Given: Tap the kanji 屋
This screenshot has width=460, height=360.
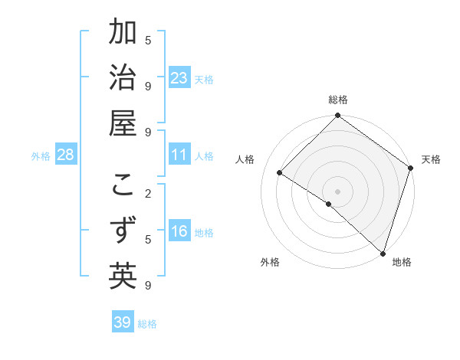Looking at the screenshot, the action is click(x=123, y=125).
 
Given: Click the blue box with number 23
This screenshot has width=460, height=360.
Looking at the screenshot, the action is click(x=179, y=78).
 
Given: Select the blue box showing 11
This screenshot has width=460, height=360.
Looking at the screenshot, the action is click(x=179, y=155).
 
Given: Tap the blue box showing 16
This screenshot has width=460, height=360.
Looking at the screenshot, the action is click(x=179, y=232).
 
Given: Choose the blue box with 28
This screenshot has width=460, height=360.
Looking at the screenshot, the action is click(x=66, y=155).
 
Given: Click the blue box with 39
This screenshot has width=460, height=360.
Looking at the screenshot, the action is click(x=123, y=322).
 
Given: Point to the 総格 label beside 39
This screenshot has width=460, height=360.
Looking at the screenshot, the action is click(x=147, y=324).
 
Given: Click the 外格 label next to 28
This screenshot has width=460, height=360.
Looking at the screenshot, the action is click(x=41, y=156).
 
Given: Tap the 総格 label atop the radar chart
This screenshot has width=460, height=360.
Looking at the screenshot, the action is click(x=338, y=100).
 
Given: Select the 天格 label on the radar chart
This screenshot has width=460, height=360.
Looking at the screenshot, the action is click(x=431, y=159).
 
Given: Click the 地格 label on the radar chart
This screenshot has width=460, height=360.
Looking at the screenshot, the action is click(x=402, y=262).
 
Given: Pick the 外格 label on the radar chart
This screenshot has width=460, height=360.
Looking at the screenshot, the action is click(x=270, y=262).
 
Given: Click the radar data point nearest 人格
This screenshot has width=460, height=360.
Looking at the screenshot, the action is click(x=281, y=173).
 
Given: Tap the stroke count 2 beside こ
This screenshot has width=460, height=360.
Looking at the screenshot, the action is click(x=148, y=193).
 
